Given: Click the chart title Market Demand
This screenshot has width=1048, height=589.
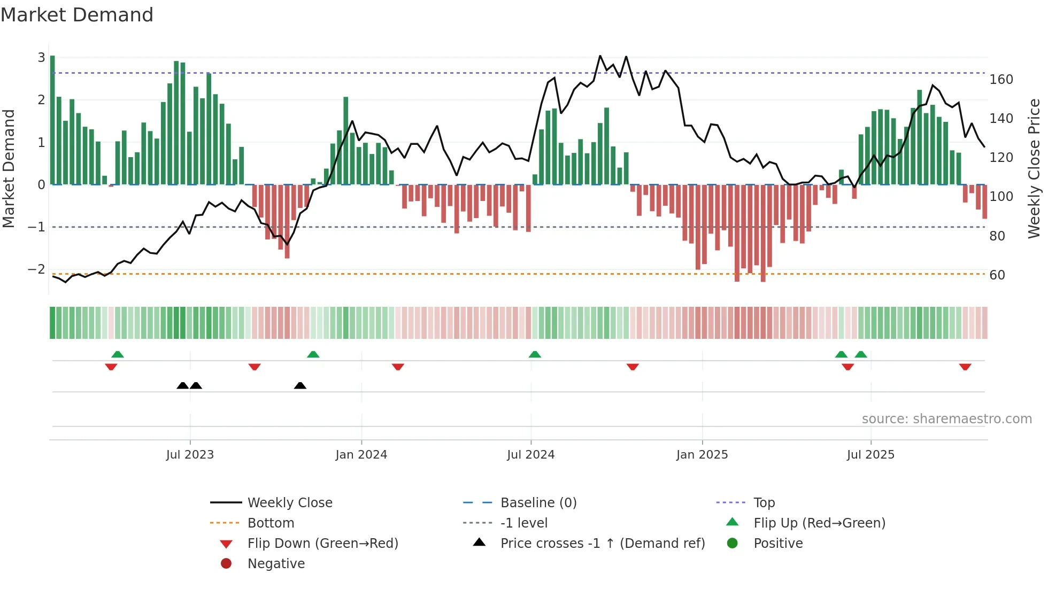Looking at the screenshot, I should pyautogui.click(x=77, y=15).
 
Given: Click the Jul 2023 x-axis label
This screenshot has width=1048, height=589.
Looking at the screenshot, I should pyautogui.click(x=190, y=455).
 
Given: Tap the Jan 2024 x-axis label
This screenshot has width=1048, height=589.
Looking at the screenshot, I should pyautogui.click(x=361, y=455).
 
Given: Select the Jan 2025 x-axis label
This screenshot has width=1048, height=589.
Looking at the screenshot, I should pyautogui.click(x=702, y=455).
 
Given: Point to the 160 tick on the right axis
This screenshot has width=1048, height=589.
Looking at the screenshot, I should pyautogui.click(x=1001, y=80).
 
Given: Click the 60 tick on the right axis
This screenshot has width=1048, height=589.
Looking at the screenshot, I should pyautogui.click(x=997, y=275).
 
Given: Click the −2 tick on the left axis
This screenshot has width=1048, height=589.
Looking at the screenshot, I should pyautogui.click(x=36, y=269).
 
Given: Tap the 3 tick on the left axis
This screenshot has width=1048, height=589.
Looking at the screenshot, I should pyautogui.click(x=41, y=57).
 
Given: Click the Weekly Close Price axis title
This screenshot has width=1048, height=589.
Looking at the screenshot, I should pyautogui.click(x=1034, y=168).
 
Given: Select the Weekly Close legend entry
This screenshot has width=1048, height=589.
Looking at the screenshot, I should pyautogui.click(x=289, y=503).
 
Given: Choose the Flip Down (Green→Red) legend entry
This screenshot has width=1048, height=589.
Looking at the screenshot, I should pyautogui.click(x=322, y=544).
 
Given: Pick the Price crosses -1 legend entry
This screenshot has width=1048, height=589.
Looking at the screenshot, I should pyautogui.click(x=602, y=544).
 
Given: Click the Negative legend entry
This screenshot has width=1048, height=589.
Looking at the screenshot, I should pyautogui.click(x=276, y=564).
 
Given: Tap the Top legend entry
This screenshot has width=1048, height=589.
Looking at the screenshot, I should pyautogui.click(x=764, y=503).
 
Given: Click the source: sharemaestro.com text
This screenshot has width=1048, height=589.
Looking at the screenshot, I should pyautogui.click(x=946, y=419).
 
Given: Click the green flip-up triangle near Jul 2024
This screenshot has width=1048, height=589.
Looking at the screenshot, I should pyautogui.click(x=535, y=354).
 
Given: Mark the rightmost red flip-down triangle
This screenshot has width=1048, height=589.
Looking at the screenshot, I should pyautogui.click(x=965, y=367).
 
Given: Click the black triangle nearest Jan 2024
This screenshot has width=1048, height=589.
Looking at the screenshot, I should pyautogui.click(x=300, y=386).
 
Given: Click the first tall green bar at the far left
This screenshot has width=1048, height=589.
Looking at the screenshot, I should pyautogui.click(x=52, y=120).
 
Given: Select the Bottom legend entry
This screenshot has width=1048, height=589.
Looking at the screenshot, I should pyautogui.click(x=271, y=523).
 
